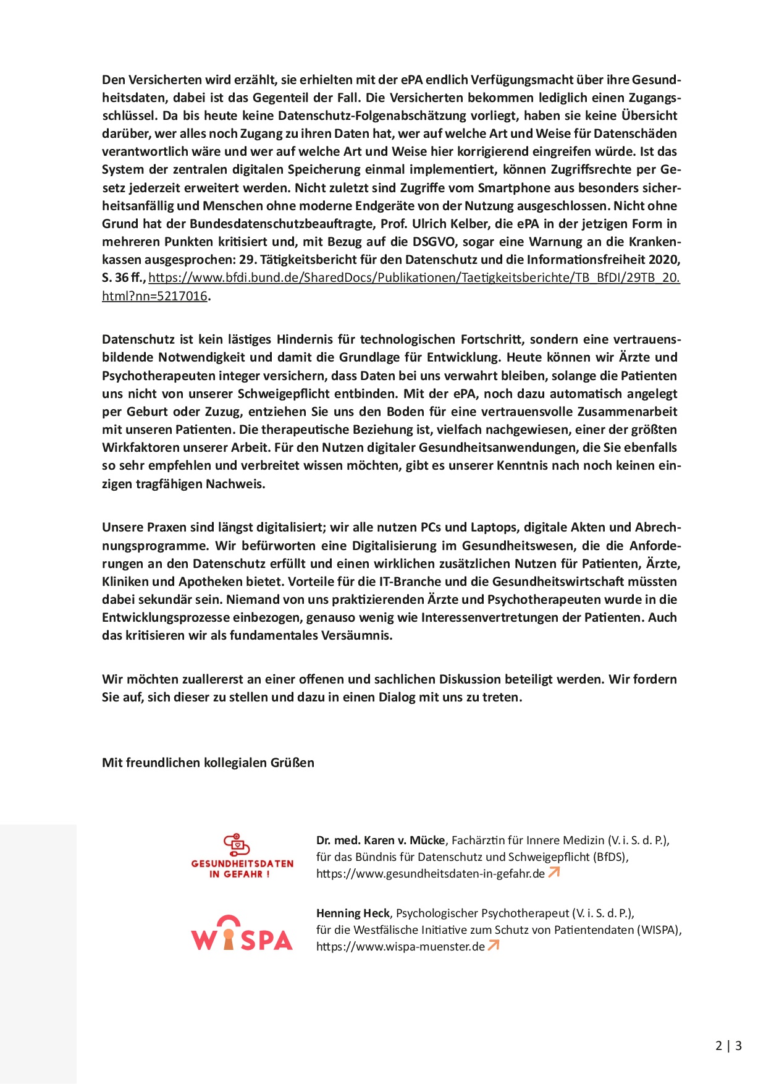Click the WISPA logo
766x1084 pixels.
(x=242, y=933)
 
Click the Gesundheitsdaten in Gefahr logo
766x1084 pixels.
(x=242, y=856)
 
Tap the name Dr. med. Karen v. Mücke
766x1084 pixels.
(x=380, y=841)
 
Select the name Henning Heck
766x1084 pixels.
(x=353, y=913)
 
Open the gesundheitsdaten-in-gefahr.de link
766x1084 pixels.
(x=431, y=874)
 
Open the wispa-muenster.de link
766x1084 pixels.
(x=400, y=947)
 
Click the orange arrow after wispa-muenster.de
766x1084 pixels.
(x=493, y=946)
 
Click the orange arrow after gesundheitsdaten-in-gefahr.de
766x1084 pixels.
(x=554, y=873)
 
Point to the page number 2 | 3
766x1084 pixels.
(x=728, y=1046)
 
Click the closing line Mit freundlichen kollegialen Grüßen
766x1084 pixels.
(x=208, y=763)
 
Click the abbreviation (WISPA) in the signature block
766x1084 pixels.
(x=659, y=930)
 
